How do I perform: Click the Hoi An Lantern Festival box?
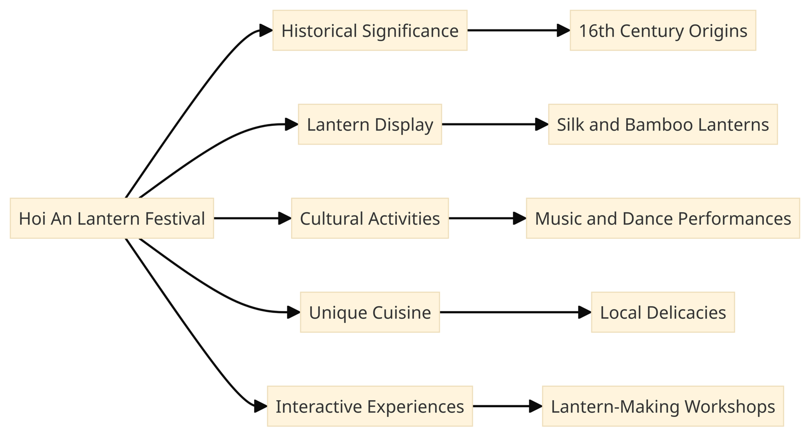112,219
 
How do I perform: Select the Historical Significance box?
370,30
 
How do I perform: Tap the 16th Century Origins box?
663,30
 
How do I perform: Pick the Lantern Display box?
370,124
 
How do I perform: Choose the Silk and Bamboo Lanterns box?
663,124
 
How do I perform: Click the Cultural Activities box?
370,219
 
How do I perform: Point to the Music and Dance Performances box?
663,219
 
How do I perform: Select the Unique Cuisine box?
370,312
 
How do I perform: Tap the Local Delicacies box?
663,312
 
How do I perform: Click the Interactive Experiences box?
370,406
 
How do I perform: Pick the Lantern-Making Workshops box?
663,406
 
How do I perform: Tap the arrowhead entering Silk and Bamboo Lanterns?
542,124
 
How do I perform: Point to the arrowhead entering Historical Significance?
266,30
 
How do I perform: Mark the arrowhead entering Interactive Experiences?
261,406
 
